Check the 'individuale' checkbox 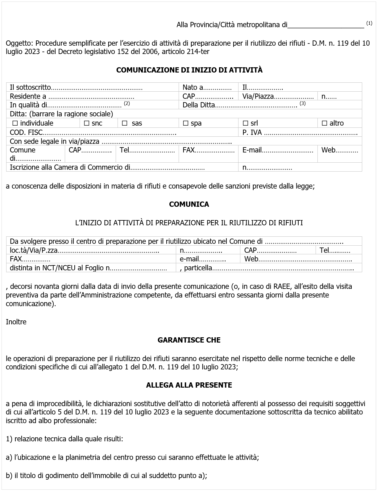click(x=15, y=123)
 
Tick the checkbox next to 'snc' click(x=86, y=123)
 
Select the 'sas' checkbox click(x=125, y=123)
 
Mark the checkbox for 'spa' click(x=185, y=123)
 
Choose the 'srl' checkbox click(x=246, y=123)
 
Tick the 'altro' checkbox click(x=325, y=123)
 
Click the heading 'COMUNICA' click(x=189, y=204)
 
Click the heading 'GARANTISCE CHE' click(x=189, y=340)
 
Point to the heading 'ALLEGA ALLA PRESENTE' click(x=189, y=385)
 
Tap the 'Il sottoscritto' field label click(x=30, y=88)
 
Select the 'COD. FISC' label click(x=26, y=133)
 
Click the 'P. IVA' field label click(x=252, y=133)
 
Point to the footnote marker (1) click(x=369, y=23)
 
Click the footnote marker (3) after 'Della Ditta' click(x=302, y=103)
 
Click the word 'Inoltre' click(x=16, y=322)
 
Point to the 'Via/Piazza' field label click(x=258, y=96)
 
